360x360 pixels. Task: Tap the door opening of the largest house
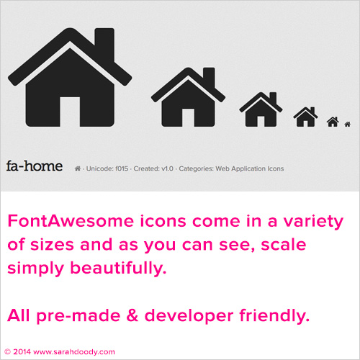[x=70, y=112]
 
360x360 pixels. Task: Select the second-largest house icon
[x=188, y=97]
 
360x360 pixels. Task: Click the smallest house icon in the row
[x=348, y=124]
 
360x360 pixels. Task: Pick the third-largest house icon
[x=261, y=109]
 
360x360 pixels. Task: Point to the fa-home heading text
[x=35, y=166]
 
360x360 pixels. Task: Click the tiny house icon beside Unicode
[x=78, y=168]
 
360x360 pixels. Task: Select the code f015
[x=122, y=168]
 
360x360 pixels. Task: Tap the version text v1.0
[x=167, y=168]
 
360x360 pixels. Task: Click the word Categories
[x=196, y=169]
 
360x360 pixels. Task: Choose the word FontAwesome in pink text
[x=71, y=221]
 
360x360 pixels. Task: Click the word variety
[x=313, y=222]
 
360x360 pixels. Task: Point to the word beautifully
[x=118, y=268]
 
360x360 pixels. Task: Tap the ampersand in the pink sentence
[x=132, y=315]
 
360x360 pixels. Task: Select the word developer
[x=189, y=316]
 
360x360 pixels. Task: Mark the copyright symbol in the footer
[x=8, y=352]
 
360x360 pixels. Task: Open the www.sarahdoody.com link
[x=74, y=352]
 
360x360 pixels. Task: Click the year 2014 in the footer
[x=22, y=352]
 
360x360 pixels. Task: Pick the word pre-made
[x=78, y=316]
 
